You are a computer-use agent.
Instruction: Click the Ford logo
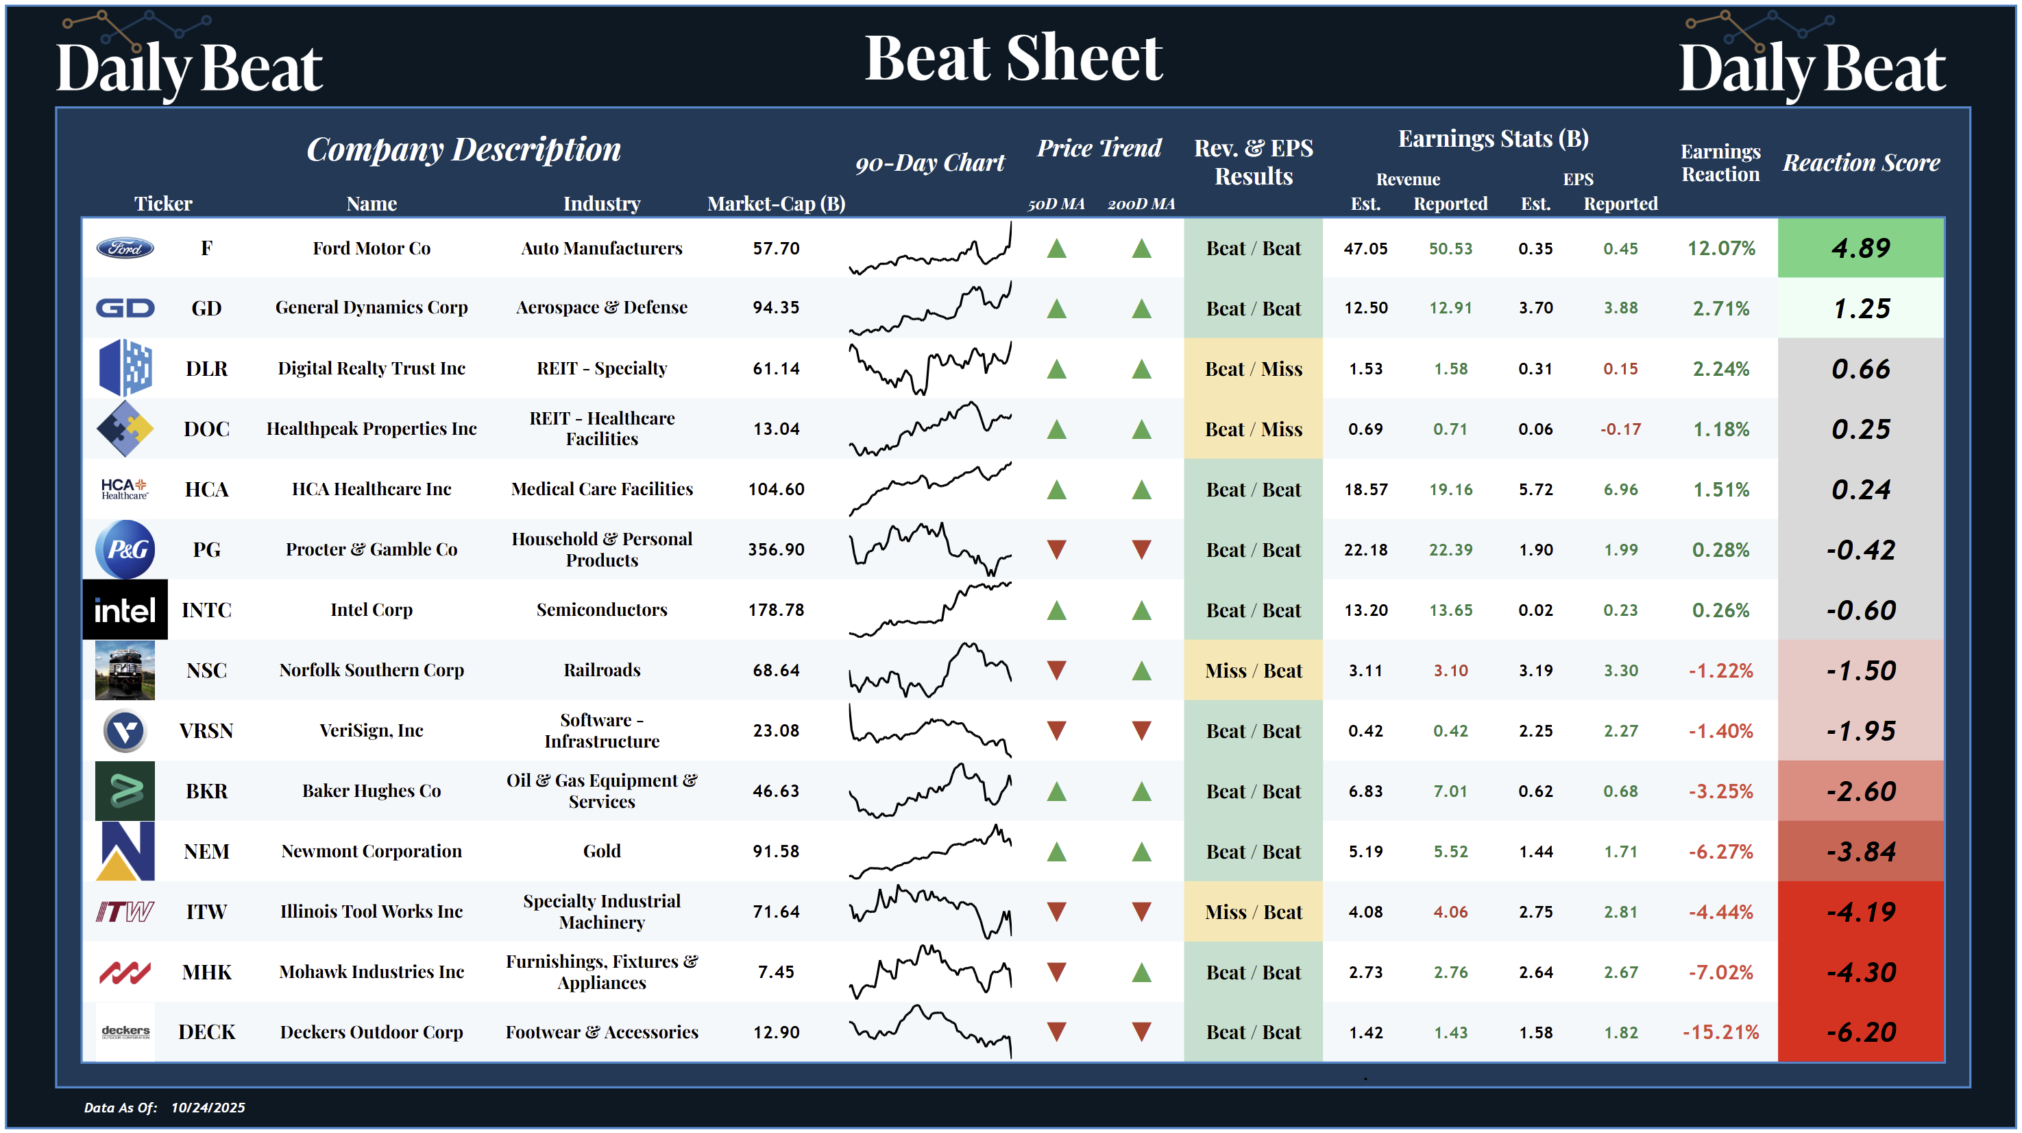(125, 248)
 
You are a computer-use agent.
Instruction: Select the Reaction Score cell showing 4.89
(1860, 248)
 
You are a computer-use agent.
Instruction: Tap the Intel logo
(125, 610)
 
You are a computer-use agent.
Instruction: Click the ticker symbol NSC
(206, 671)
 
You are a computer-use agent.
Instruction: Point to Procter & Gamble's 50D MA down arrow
(1056, 549)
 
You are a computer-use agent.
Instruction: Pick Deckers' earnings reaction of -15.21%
(1720, 1032)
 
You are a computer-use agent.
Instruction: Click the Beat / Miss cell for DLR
(1253, 369)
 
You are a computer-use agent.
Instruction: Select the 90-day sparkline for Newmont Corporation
(930, 851)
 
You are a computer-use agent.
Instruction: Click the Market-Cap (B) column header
(775, 204)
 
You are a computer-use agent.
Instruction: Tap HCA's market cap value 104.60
(775, 490)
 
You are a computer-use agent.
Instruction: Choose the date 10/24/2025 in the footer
(208, 1108)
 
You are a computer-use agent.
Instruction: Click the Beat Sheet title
(1012, 58)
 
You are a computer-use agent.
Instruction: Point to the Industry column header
(601, 204)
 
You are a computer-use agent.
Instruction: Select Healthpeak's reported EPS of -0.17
(1620, 429)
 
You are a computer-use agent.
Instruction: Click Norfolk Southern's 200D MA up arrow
(1141, 671)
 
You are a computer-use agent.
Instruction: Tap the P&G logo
(125, 549)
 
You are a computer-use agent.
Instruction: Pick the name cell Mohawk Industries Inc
(371, 972)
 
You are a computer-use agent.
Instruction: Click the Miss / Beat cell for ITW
(1253, 912)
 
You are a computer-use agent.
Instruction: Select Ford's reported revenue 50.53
(1450, 249)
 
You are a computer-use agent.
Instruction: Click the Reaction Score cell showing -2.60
(1860, 791)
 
